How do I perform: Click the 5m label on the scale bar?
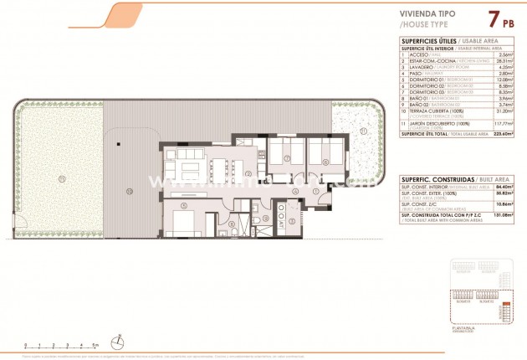pyautogui.click(x=95, y=344)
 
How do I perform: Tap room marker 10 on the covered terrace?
pyautogui.click(x=129, y=192)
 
